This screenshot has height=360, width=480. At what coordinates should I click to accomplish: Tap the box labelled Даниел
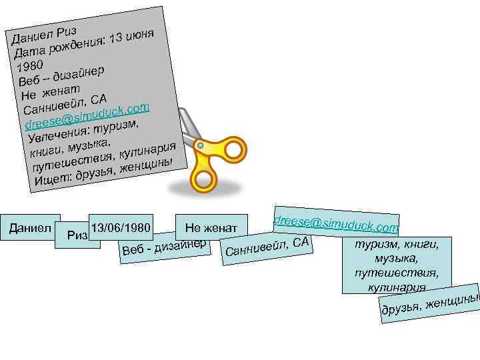(31, 227)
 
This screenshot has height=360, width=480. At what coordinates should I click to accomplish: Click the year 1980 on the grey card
(31, 65)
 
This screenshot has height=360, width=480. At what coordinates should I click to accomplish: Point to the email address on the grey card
(87, 114)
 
